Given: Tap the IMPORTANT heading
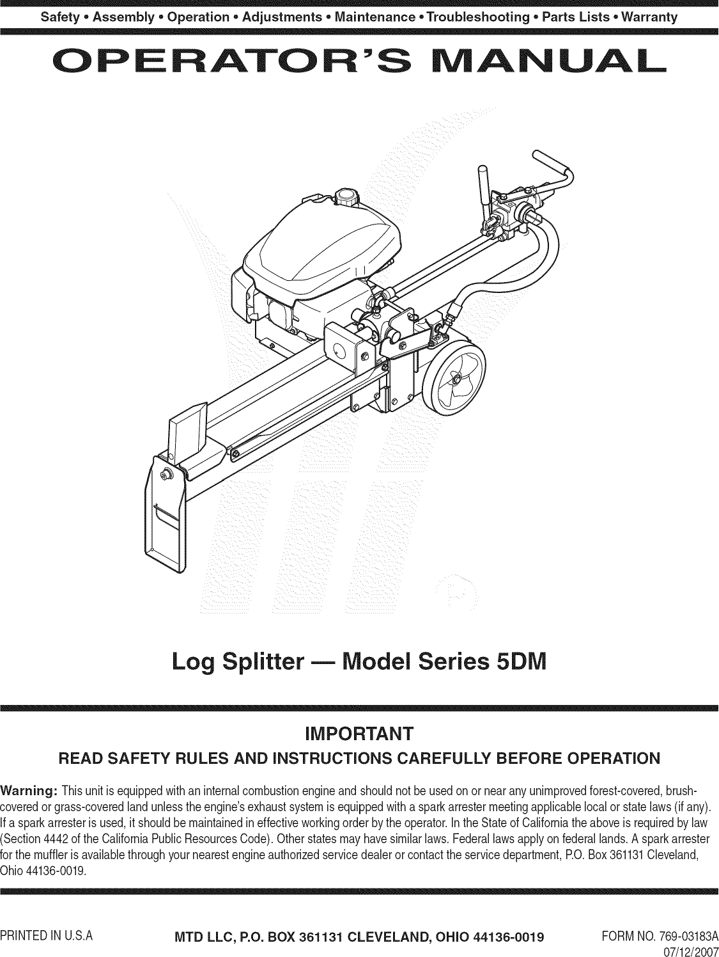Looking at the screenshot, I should tap(359, 732).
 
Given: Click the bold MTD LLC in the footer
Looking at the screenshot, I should tap(203, 919).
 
